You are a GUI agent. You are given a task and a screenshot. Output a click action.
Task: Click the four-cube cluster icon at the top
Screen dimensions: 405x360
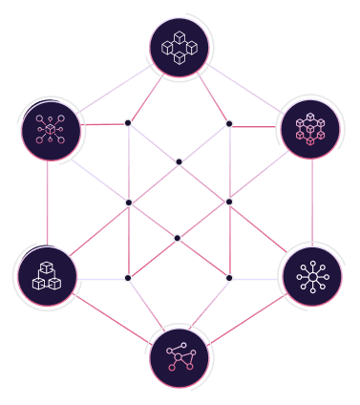[x=180, y=47]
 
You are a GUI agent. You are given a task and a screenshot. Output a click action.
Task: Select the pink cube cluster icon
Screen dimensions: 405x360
[x=310, y=127]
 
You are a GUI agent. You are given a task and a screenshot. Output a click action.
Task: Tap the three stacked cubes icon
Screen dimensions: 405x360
[x=47, y=276]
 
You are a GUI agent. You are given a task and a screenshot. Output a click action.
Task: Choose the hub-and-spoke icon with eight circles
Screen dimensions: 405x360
[x=312, y=277]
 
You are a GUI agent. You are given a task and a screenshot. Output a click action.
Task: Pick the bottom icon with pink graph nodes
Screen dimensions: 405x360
[x=180, y=358]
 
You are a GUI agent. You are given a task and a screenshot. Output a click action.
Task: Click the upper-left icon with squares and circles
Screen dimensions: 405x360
[x=50, y=128]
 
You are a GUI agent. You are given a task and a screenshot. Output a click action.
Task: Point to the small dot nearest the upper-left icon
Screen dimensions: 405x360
[x=128, y=122]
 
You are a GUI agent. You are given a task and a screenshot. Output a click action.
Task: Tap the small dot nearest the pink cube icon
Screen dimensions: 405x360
[x=229, y=123]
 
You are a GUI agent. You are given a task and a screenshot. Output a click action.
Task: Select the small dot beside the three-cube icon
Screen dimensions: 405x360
[x=128, y=278]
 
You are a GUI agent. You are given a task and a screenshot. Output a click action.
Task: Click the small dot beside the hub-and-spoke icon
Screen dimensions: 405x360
[x=229, y=278]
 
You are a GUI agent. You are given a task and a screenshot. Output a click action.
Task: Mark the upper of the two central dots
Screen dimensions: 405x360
[x=179, y=161]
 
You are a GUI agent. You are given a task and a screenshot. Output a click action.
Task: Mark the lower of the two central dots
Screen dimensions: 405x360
[x=178, y=238]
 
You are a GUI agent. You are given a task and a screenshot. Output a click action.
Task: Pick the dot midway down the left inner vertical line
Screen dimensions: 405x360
[x=128, y=202]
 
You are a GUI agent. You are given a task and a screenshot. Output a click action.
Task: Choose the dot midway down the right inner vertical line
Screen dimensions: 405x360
[x=229, y=202]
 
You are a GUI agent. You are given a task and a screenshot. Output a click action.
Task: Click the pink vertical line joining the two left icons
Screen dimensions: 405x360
[x=47, y=202]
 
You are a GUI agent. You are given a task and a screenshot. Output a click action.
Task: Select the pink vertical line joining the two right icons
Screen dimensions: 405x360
[x=311, y=202]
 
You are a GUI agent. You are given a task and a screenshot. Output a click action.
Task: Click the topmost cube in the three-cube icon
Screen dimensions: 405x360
[x=47, y=267]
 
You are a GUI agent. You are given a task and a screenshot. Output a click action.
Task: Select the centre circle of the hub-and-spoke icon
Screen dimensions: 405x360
[x=312, y=277]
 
